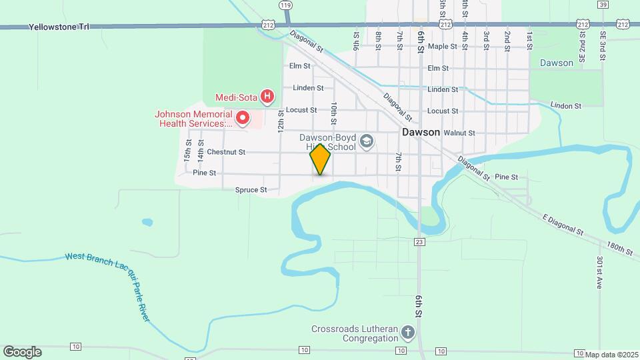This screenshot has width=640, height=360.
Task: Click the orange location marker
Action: (x=321, y=159)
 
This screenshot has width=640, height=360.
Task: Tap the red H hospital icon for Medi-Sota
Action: (x=267, y=97)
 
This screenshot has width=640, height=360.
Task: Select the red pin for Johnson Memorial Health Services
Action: (x=243, y=119)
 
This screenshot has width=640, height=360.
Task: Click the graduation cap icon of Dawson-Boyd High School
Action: (x=366, y=141)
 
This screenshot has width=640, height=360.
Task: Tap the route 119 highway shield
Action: (x=286, y=5)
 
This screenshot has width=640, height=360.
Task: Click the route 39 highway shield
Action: (x=603, y=4)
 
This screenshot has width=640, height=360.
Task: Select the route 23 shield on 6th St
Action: (x=419, y=242)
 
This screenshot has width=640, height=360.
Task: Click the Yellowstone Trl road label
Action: (x=59, y=27)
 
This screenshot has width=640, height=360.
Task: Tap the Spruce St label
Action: (x=251, y=190)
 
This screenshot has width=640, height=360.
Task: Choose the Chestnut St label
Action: (x=226, y=152)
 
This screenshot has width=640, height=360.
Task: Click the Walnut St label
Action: (x=459, y=133)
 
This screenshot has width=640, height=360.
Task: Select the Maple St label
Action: (x=443, y=47)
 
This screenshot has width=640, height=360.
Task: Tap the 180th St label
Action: (x=619, y=249)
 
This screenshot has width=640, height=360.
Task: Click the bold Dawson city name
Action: (x=421, y=132)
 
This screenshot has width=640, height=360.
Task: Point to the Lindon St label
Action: (x=565, y=105)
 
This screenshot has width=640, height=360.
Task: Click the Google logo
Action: (x=22, y=352)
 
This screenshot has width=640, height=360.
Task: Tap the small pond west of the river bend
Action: (x=147, y=222)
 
